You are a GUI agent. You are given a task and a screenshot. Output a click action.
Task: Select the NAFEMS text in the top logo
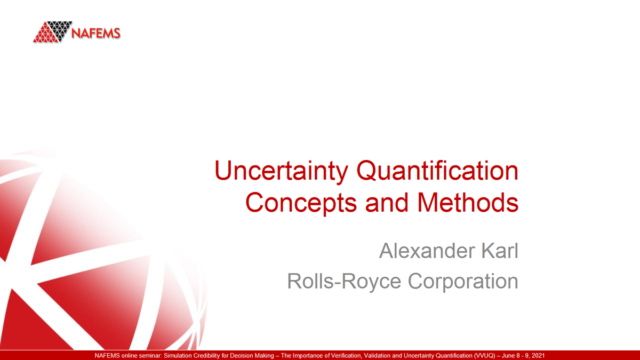tap(96, 34)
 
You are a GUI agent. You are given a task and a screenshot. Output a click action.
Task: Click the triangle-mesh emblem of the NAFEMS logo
tap(52, 32)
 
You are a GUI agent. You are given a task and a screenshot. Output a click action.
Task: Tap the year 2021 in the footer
tap(536, 355)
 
